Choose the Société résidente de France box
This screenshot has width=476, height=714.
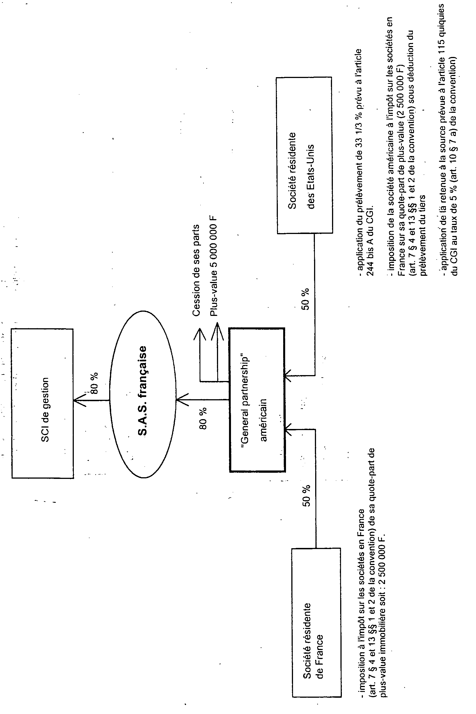(316, 622)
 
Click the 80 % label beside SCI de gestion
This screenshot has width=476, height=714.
(94, 383)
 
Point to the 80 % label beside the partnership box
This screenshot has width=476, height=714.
(203, 418)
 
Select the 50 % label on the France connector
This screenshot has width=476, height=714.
(306, 496)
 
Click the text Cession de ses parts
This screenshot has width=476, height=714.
(196, 270)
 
